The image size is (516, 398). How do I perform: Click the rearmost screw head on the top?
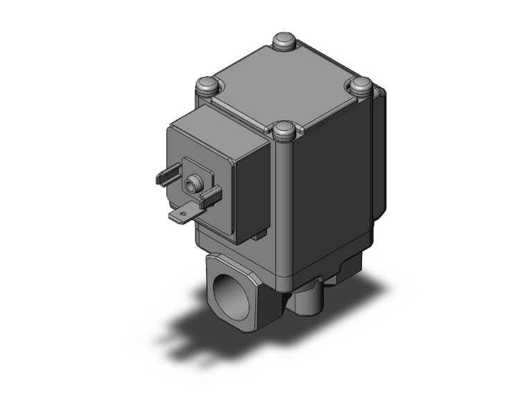click(284, 42)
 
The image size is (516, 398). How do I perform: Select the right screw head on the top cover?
click(361, 86)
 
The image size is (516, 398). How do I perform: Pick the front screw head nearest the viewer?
click(284, 129)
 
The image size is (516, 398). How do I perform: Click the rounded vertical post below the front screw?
click(284, 208)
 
